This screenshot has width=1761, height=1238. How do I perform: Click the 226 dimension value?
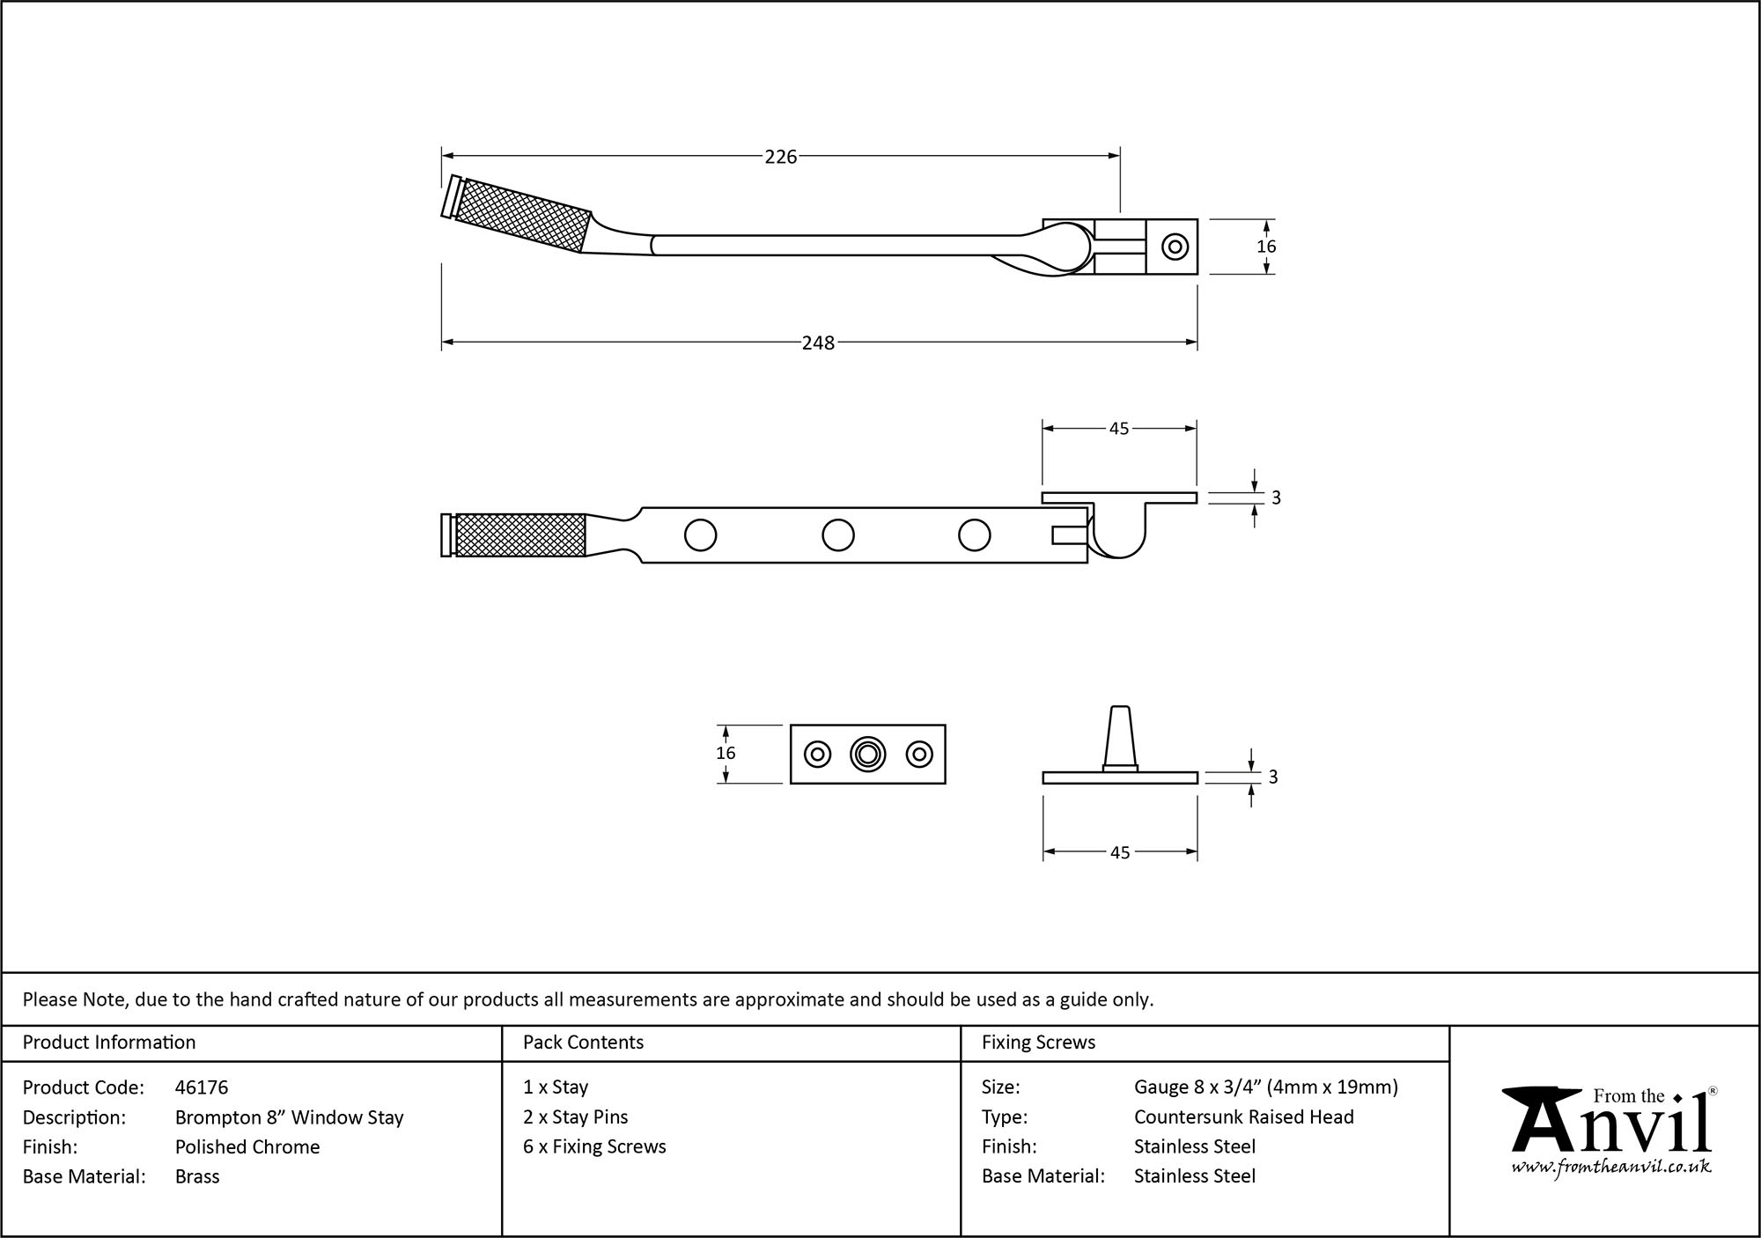780,157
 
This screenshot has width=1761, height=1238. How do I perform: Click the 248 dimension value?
817,343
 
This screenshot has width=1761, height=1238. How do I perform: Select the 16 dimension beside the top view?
1265,247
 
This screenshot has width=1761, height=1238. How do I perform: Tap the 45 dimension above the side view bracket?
1118,429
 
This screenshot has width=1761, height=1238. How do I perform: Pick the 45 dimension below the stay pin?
1119,852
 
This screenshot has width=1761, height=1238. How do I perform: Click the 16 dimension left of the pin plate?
726,753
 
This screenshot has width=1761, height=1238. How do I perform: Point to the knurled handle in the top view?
521,215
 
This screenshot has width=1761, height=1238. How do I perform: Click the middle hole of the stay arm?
837,534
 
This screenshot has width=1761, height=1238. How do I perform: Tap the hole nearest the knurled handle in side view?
700,534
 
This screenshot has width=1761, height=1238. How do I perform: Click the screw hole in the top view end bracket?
1174,247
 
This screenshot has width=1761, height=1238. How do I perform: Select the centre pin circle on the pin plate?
867,754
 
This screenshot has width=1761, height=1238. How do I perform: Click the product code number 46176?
202,1087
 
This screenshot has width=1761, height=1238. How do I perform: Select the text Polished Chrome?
247,1146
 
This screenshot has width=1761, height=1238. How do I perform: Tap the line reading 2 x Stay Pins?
575,1116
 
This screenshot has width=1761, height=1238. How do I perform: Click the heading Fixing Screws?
1038,1043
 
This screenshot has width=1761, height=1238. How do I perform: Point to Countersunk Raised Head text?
1243,1116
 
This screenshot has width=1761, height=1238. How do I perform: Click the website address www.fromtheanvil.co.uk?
1611,1167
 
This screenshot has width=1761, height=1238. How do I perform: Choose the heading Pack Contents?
583,1043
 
